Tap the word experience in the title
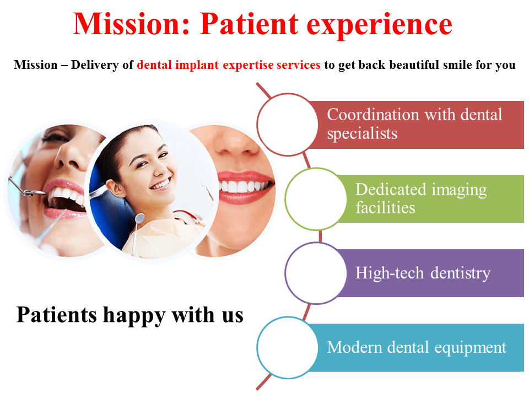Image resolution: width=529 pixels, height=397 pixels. [x=379, y=25]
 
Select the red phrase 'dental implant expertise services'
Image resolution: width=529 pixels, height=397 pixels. [x=228, y=65]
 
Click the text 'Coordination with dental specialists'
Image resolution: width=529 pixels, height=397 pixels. [x=414, y=124]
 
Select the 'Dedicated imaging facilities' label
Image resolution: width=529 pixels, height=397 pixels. [x=421, y=198]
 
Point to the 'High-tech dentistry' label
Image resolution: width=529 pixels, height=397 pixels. [x=423, y=273]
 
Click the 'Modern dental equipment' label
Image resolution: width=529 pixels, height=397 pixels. [x=417, y=348]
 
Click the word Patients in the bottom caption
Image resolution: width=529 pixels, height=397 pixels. [x=57, y=314]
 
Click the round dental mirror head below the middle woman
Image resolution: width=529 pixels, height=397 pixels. [x=139, y=218]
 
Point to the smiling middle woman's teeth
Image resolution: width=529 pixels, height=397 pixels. [x=160, y=184]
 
